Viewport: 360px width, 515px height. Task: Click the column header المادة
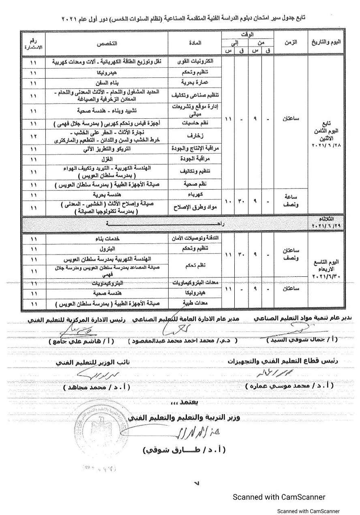point(195,43)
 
